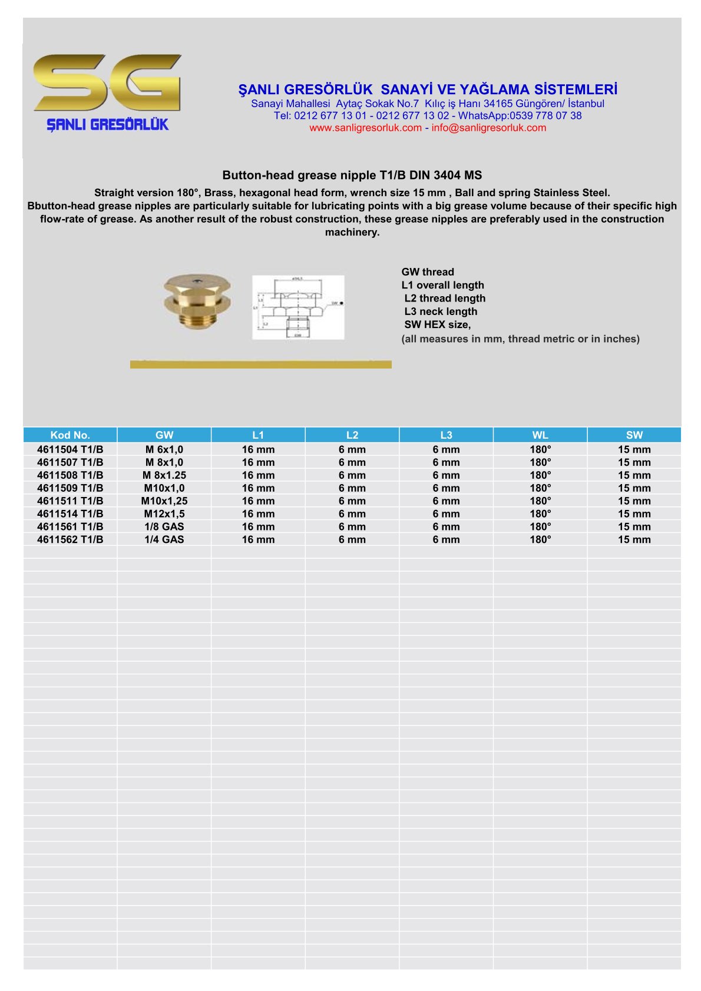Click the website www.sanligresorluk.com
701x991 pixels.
(x=365, y=128)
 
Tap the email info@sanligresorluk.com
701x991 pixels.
(x=488, y=128)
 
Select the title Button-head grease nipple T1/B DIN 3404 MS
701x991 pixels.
(x=352, y=175)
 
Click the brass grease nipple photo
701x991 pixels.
(x=197, y=301)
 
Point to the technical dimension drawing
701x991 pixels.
(x=298, y=307)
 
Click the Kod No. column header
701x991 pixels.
(x=70, y=435)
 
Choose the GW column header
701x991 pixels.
(x=164, y=435)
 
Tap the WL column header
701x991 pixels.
(x=540, y=435)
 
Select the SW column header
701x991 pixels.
(x=634, y=435)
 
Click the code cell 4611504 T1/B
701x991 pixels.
(x=70, y=449)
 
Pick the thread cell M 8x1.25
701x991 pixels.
(x=164, y=475)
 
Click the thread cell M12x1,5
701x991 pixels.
(x=164, y=513)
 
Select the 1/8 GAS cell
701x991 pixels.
(x=164, y=526)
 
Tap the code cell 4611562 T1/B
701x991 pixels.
(x=70, y=539)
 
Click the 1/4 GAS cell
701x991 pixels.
(x=164, y=539)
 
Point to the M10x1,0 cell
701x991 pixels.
(x=164, y=488)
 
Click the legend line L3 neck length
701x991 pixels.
(x=441, y=311)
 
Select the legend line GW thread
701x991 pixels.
(x=428, y=272)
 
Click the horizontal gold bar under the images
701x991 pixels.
(x=260, y=364)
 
